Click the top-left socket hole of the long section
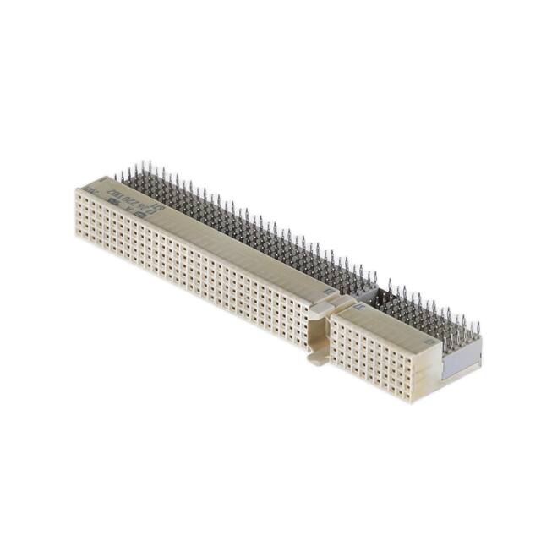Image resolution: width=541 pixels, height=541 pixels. pyautogui.click(x=79, y=195)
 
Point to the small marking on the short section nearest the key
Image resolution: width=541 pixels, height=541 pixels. pyautogui.click(x=355, y=308)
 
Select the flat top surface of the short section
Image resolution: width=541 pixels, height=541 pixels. pyautogui.click(x=389, y=325)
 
